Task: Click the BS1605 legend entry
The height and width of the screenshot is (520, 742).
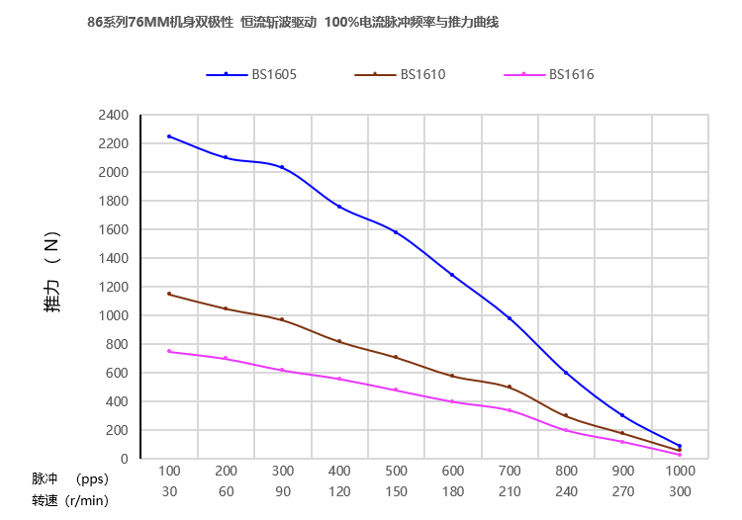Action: [251, 74]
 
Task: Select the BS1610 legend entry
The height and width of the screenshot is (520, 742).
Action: [400, 74]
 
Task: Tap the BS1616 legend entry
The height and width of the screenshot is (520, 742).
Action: [549, 74]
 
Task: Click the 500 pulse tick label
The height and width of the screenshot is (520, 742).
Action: [396, 471]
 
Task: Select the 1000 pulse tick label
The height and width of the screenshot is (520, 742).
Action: [680, 471]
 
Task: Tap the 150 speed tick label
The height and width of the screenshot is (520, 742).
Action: [396, 490]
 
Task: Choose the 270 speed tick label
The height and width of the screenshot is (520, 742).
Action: [622, 490]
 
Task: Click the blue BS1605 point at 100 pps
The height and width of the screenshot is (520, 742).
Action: [169, 136]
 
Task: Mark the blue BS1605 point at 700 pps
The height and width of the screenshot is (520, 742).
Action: [510, 318]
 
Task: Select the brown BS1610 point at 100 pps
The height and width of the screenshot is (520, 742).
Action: [169, 294]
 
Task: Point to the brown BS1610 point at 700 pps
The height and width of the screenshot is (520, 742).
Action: [510, 387]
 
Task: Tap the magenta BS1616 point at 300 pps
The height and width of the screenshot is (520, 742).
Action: [282, 370]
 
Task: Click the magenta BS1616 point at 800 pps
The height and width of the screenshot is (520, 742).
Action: [566, 430]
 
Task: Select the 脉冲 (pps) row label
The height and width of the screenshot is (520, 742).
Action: [69, 478]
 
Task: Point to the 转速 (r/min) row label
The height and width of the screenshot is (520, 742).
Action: [69, 499]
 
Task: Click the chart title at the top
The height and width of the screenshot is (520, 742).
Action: [293, 22]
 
